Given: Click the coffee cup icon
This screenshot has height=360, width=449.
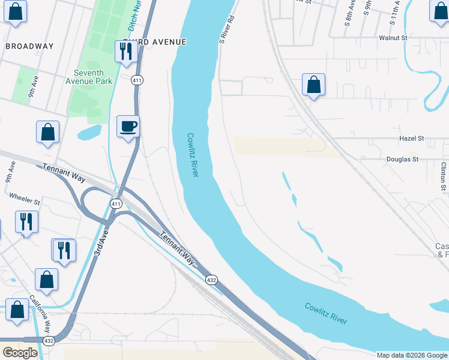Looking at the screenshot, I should pyautogui.click(x=128, y=127).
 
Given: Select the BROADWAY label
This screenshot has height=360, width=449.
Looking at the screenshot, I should pyautogui.click(x=29, y=46).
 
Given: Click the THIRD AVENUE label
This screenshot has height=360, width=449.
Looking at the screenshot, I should pyautogui.click(x=155, y=42).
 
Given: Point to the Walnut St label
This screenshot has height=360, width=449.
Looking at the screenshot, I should pyautogui.click(x=393, y=38).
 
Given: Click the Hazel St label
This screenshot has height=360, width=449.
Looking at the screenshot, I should pyautogui.click(x=412, y=139).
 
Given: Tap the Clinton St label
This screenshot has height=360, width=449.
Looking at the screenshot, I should pyautogui.click(x=444, y=176).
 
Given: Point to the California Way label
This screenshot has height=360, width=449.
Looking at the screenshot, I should pyautogui.click(x=41, y=312).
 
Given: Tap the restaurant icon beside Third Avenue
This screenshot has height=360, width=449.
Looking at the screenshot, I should pyautogui.click(x=125, y=52).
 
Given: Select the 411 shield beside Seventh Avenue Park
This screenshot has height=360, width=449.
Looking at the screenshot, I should pyautogui.click(x=137, y=80).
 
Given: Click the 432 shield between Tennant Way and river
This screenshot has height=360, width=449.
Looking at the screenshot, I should pyautogui.click(x=211, y=280).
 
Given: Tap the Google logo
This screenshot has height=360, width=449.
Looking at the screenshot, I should pyautogui.click(x=20, y=353).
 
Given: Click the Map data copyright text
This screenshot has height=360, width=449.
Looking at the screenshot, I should pyautogui.click(x=412, y=355).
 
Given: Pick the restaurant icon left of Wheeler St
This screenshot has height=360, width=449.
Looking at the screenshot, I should pyautogui.click(x=26, y=221).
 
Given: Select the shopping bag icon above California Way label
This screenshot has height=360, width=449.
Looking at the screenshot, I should pyautogui.click(x=47, y=279).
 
